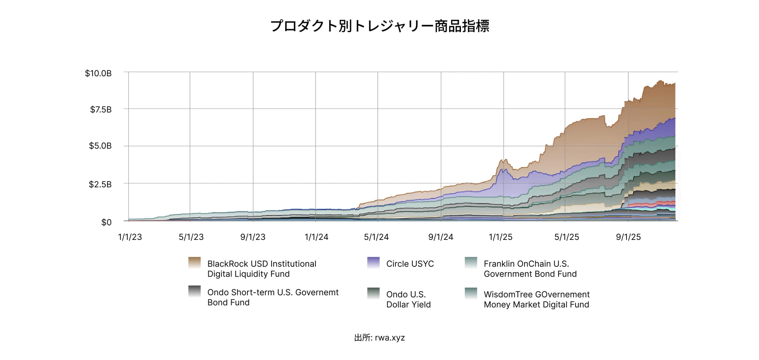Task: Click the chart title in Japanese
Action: point(379,26)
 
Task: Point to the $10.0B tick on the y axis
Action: point(98,74)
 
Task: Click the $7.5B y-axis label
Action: point(100,110)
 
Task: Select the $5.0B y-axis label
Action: point(100,146)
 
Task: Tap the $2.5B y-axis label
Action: point(100,185)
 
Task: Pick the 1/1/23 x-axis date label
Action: point(130,237)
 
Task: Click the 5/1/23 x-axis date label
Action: point(191,237)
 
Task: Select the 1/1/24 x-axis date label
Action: point(316,237)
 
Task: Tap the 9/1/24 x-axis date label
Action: point(440,237)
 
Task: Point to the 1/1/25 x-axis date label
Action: point(500,237)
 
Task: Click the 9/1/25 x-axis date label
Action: point(628,237)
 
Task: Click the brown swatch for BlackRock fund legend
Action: point(194,263)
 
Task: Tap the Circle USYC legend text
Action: point(410,264)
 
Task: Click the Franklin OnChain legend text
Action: point(530,269)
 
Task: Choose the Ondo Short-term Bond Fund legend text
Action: point(273,297)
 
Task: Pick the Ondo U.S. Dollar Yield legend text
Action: point(408,300)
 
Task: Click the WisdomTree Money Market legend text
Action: point(536,300)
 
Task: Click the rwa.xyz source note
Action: point(379,338)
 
